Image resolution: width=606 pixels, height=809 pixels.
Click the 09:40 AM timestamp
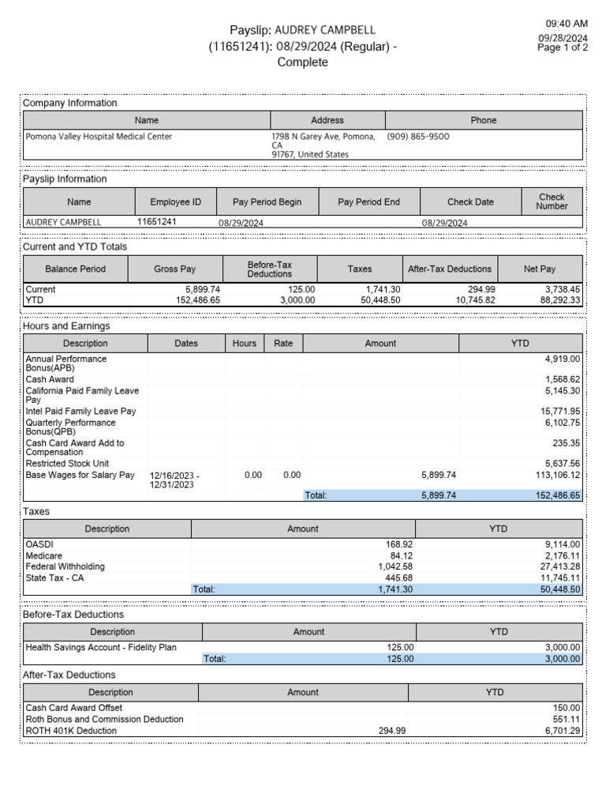pyautogui.click(x=567, y=24)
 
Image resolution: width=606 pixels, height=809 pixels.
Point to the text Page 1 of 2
pyautogui.click(x=562, y=47)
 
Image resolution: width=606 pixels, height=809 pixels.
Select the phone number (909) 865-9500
pyautogui.click(x=418, y=137)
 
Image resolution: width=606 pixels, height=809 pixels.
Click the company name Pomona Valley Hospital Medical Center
pyautogui.click(x=99, y=137)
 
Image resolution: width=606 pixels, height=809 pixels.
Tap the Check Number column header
pyautogui.click(x=552, y=201)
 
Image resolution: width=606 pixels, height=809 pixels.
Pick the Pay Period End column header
pyautogui.click(x=368, y=202)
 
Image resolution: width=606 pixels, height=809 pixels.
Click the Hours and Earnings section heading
pyautogui.click(x=66, y=325)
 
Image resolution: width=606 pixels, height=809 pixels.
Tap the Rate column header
pyautogui.click(x=282, y=344)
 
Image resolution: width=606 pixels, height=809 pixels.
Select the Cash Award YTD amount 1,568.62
pyautogui.click(x=563, y=379)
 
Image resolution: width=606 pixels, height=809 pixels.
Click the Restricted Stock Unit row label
pyautogui.click(x=68, y=463)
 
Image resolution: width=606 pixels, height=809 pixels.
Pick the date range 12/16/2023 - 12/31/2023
pyautogui.click(x=174, y=480)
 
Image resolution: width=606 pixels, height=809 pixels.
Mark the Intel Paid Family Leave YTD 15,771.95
pyautogui.click(x=560, y=412)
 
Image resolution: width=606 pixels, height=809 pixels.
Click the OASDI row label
pyautogui.click(x=39, y=544)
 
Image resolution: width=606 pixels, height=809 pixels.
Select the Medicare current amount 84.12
pyautogui.click(x=399, y=555)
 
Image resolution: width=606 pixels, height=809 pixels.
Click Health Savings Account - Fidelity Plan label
pyautogui.click(x=101, y=647)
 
